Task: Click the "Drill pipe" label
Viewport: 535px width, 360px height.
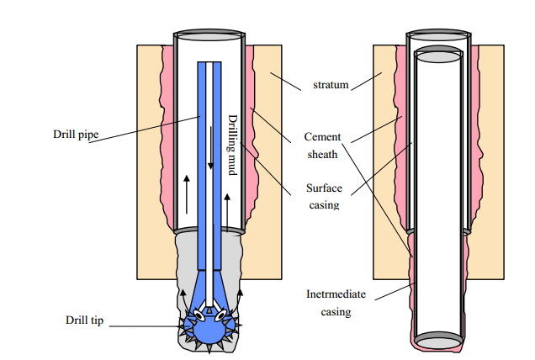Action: [76, 134]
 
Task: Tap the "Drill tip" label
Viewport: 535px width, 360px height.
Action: [84, 320]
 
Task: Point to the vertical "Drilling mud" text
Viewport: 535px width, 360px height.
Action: [232, 145]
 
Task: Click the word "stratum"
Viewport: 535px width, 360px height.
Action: [331, 85]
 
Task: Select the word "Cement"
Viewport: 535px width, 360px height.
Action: [322, 136]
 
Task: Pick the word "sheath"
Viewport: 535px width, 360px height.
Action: [322, 154]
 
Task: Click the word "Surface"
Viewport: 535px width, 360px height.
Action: [324, 188]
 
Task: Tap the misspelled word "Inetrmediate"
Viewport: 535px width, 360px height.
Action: [336, 294]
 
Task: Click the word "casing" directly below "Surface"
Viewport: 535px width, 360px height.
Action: [324, 205]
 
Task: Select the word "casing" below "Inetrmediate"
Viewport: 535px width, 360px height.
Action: [336, 312]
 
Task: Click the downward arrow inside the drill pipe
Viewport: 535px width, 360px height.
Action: [211, 148]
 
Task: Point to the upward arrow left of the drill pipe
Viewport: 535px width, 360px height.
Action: [187, 194]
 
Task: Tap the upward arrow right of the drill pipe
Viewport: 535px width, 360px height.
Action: [227, 213]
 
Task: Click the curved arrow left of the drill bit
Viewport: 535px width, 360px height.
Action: [183, 298]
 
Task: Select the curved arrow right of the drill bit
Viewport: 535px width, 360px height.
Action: [239, 298]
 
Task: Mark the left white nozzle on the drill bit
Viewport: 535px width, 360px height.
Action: [199, 315]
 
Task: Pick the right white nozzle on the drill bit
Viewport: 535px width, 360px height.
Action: [220, 315]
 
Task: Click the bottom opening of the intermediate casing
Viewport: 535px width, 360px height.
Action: [438, 341]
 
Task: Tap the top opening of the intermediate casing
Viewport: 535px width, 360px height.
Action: [438, 55]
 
